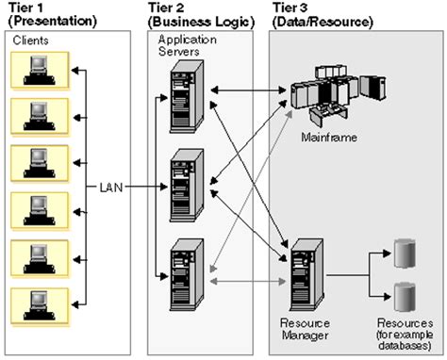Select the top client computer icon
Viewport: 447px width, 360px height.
(x=39, y=69)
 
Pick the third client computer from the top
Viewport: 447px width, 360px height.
(x=39, y=163)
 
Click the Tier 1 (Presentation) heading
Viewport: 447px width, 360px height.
(x=51, y=14)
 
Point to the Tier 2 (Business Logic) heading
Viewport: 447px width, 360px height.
(x=194, y=14)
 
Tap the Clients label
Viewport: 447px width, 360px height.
(x=33, y=41)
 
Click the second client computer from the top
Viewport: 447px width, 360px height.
(x=39, y=116)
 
